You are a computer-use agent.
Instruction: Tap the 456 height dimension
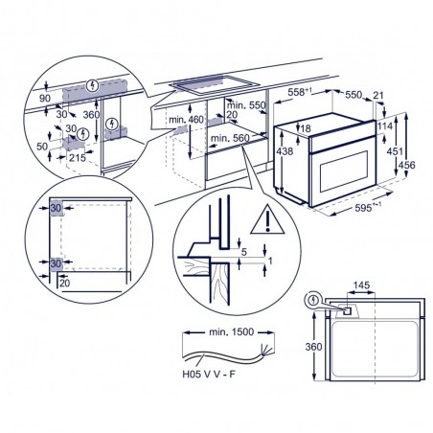click(407, 165)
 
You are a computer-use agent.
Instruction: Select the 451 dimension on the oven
click(395, 150)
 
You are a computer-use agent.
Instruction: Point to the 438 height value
click(285, 150)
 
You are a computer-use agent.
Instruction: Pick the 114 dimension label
click(384, 126)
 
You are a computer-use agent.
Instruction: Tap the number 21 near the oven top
click(378, 95)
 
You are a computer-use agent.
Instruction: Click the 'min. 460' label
click(186, 120)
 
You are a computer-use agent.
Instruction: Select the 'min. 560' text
click(230, 138)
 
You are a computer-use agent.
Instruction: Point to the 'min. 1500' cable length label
click(231, 331)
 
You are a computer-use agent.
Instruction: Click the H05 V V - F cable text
click(209, 374)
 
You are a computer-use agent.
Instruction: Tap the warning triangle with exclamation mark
click(267, 220)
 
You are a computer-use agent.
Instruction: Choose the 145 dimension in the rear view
click(361, 285)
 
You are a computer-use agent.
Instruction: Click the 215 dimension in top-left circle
click(78, 157)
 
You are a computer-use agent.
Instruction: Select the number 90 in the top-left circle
click(45, 99)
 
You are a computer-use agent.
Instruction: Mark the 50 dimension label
click(42, 147)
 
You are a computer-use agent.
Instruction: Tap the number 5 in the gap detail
click(244, 252)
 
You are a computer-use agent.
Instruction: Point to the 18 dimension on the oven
click(306, 128)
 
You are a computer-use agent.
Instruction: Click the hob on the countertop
click(215, 84)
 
